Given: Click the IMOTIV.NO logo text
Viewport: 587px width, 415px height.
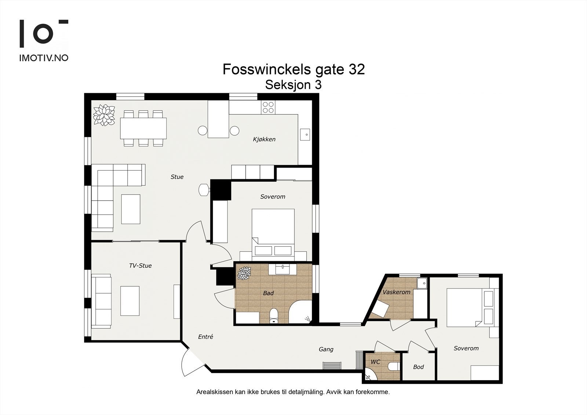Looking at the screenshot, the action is pos(44,58).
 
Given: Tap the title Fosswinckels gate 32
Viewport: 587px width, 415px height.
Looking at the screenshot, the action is pos(293,69).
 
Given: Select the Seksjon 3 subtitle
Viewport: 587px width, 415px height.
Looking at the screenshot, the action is pos(293,85).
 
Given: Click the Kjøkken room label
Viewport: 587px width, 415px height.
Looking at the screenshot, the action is pos(264,139).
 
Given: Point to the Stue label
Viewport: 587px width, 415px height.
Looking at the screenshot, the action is pos(177,177).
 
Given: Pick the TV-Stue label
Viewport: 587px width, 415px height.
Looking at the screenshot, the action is pos(140,266).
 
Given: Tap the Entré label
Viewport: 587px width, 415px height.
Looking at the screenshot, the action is pos(205,336).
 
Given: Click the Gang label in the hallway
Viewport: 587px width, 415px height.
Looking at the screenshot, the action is pos(326,349).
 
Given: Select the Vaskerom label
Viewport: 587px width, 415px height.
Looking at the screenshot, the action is pos(397,292).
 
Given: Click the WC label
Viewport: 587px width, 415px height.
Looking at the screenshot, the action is pos(375,362).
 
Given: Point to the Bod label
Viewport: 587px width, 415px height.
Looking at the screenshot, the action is pos(418,367).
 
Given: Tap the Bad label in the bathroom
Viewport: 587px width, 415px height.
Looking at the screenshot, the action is pos(268,293).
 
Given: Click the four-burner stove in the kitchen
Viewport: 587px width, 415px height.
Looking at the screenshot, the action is pos(268,107).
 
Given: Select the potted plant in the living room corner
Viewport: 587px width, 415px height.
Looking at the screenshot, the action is pos(104,115).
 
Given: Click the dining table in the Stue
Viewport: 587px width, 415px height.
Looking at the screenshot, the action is pos(143,128).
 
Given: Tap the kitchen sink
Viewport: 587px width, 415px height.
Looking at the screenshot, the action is pos(305,135).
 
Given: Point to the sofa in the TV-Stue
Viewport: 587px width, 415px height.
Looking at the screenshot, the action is pos(101,301).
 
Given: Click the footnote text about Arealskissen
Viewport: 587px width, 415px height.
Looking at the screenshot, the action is pos(293,392).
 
